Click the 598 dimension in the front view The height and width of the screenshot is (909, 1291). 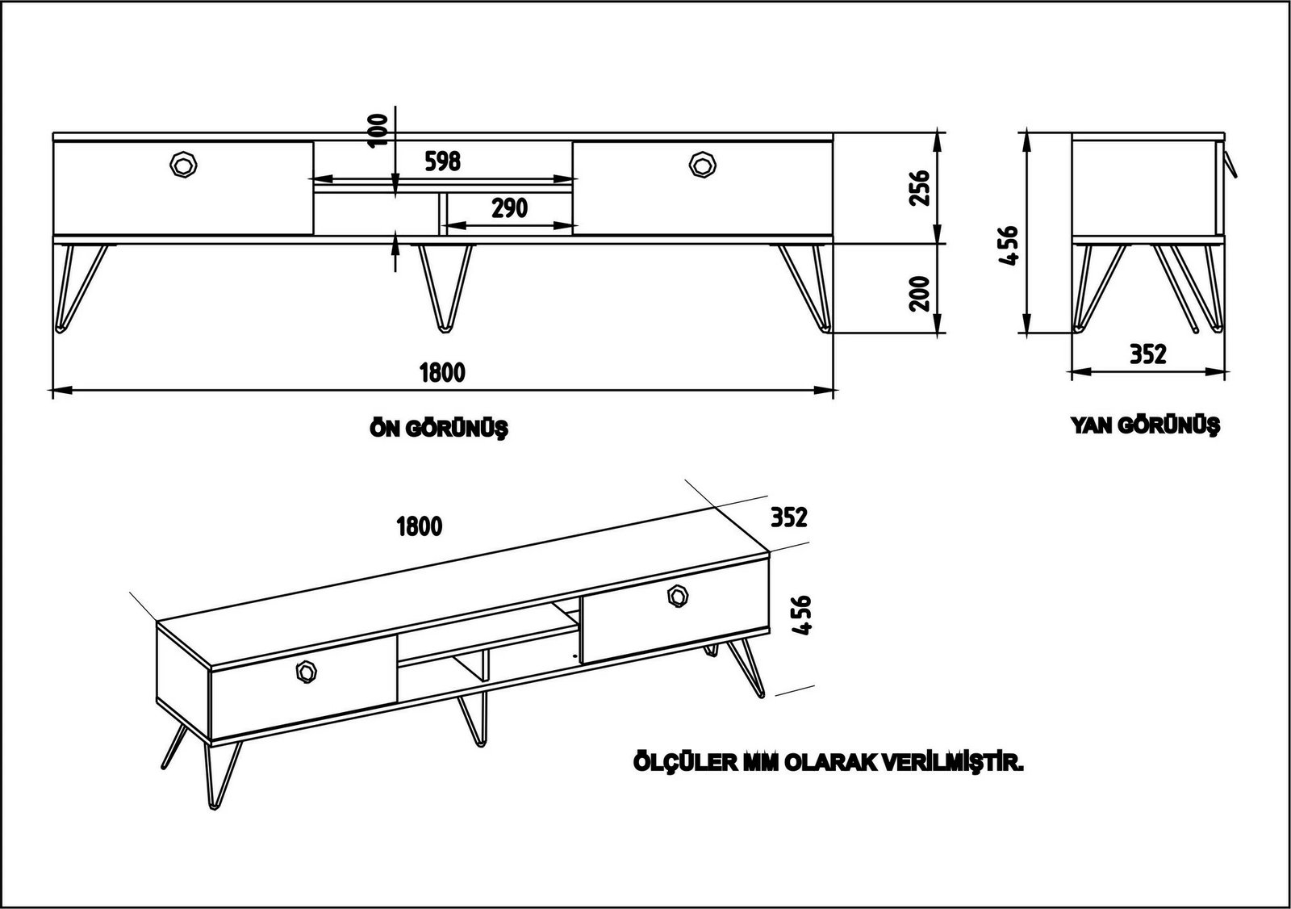[x=442, y=161]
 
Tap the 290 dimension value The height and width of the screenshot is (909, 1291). [x=509, y=207]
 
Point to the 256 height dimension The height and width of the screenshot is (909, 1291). [x=921, y=187]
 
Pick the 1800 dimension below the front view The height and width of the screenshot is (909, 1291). [x=442, y=372]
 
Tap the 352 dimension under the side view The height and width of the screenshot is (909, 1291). [x=1147, y=354]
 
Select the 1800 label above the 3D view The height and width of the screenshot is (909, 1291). [x=420, y=527]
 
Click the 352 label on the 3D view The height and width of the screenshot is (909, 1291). [x=788, y=517]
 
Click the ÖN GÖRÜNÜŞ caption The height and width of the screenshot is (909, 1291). [x=438, y=429]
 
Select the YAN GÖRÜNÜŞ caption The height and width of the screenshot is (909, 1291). [x=1145, y=425]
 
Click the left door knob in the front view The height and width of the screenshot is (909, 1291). [x=184, y=165]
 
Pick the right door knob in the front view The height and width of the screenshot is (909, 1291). [x=703, y=164]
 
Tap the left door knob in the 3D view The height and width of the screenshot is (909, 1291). [x=307, y=671]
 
